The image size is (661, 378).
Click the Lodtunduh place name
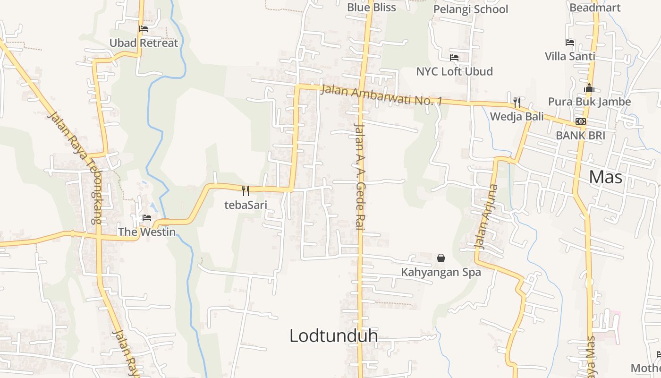333,335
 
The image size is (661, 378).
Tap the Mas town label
606,177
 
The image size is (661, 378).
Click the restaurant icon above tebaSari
246,190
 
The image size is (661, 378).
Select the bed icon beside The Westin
147,218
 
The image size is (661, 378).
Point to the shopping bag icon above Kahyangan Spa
441,258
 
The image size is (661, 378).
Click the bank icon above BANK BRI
581,121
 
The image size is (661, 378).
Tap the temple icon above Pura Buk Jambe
589,88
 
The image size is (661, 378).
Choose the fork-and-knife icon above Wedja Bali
517,102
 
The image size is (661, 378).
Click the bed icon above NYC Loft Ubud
454,58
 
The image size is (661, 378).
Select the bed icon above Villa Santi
570,43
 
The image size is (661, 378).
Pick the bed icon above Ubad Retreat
144,29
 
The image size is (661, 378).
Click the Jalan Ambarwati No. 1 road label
381,95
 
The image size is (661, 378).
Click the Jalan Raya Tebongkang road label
76,168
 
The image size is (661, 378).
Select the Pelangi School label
470,9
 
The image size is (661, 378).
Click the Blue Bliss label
371,7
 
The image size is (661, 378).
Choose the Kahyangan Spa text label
441,272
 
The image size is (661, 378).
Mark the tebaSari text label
246,205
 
